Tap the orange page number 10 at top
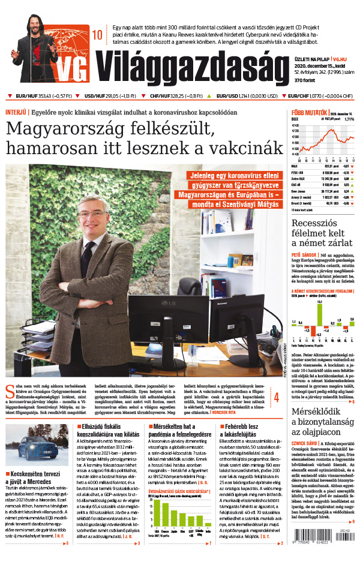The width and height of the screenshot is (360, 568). coord(97,35)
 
